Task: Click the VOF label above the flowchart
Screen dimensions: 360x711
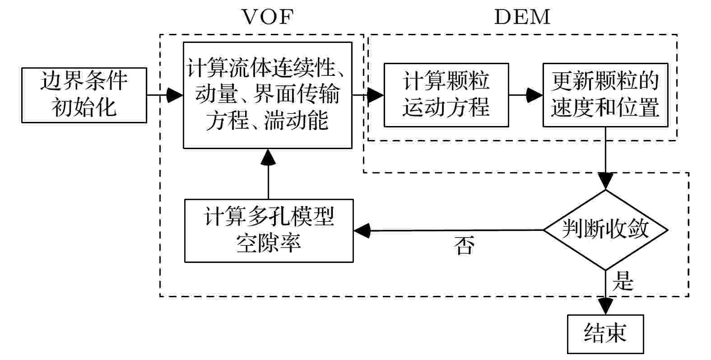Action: (x=268, y=18)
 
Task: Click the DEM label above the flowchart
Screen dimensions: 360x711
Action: (x=522, y=18)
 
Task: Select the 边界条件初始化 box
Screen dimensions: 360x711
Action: (x=84, y=95)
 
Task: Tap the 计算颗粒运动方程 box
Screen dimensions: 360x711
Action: (x=446, y=95)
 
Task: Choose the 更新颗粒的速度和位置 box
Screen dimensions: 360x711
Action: (x=605, y=95)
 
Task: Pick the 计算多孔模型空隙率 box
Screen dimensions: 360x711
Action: (x=269, y=231)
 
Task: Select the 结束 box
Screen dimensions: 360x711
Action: (x=605, y=334)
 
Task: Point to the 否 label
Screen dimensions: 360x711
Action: (x=464, y=246)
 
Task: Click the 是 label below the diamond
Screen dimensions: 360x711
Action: (x=623, y=282)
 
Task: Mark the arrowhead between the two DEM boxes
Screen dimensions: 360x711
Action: (x=534, y=95)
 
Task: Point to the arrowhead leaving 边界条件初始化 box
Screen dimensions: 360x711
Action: (x=175, y=95)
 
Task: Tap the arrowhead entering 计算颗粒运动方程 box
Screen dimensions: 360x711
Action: (x=376, y=95)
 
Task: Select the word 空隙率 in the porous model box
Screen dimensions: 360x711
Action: (x=269, y=243)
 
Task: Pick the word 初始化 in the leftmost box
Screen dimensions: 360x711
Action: (x=84, y=108)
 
